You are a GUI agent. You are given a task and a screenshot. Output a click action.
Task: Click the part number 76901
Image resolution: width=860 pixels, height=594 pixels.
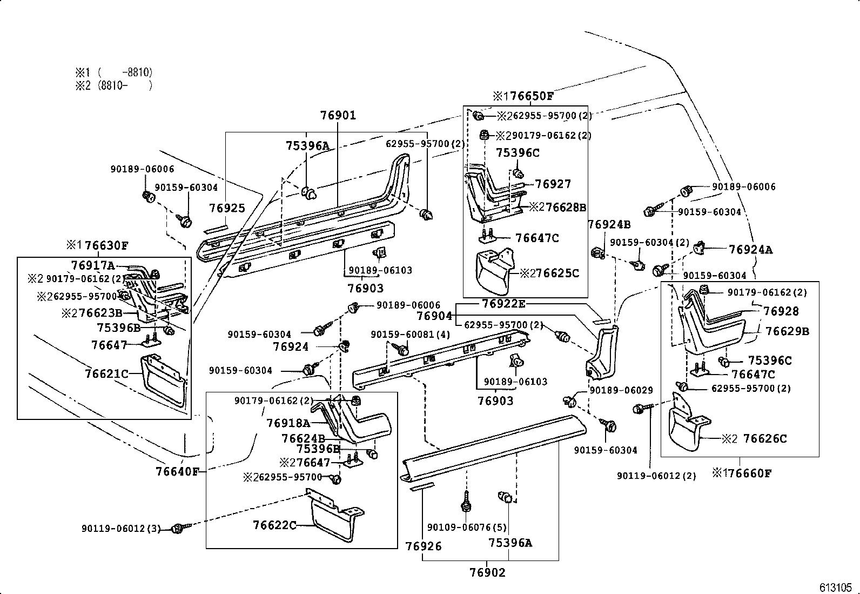(x=338, y=115)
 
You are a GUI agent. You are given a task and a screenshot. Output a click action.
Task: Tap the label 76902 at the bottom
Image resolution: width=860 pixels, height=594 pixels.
(x=488, y=573)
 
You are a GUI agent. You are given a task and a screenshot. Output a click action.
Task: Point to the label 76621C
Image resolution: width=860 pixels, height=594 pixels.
(x=106, y=373)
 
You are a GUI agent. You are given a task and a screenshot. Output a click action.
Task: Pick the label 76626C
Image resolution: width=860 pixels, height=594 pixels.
(x=765, y=438)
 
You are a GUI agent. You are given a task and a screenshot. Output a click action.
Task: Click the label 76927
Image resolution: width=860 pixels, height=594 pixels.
(x=553, y=184)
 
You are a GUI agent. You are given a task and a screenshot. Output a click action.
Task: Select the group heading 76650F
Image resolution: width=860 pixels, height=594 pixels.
(x=529, y=97)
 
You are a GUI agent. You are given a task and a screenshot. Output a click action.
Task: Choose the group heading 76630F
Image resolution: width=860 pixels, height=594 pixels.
(x=106, y=246)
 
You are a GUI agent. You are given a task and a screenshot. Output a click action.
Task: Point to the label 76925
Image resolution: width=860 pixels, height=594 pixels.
(x=227, y=208)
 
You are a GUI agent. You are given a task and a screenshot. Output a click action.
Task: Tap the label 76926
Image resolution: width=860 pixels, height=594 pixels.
(x=424, y=546)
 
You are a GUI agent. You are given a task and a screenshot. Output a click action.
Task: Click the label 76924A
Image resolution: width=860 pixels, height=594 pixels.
(x=750, y=249)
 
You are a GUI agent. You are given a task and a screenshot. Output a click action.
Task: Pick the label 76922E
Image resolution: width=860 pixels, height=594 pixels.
(x=503, y=304)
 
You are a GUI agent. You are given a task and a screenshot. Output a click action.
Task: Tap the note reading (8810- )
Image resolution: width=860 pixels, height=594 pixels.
(x=125, y=85)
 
